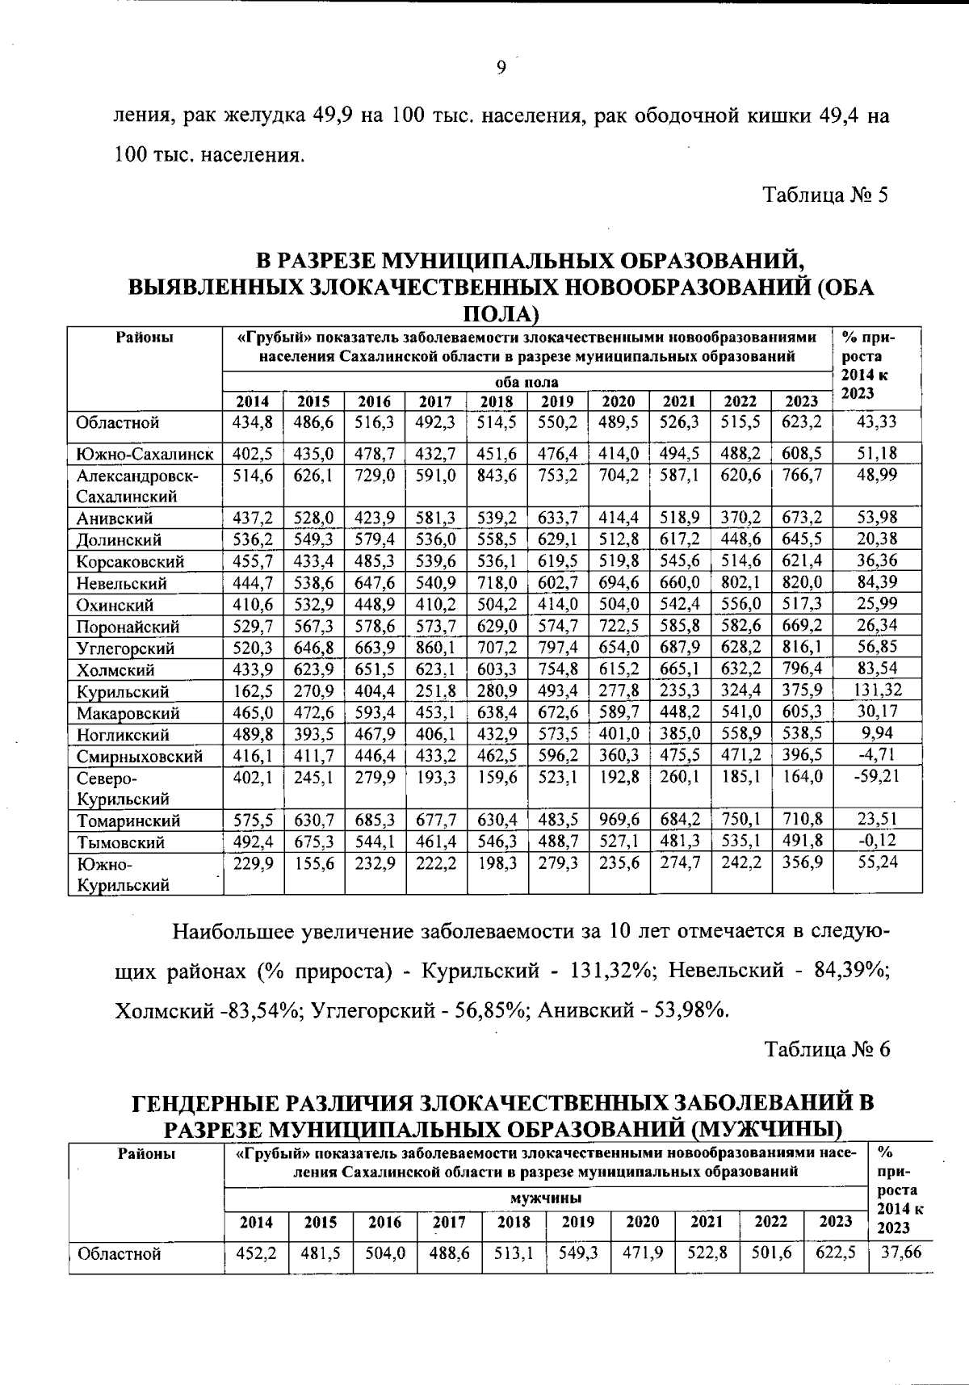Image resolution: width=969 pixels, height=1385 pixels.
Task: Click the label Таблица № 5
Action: [x=826, y=195]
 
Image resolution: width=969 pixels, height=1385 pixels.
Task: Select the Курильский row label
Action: [x=123, y=691]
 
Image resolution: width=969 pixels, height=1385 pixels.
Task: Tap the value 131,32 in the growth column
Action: [x=878, y=690]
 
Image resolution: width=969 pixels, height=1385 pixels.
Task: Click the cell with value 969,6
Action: [x=619, y=820]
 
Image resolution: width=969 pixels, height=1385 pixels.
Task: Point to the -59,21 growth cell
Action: [x=878, y=777]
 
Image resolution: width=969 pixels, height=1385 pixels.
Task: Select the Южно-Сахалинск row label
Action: [x=145, y=453]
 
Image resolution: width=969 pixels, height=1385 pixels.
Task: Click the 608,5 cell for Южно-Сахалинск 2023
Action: [x=802, y=453]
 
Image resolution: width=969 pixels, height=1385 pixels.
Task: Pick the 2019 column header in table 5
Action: [x=558, y=401]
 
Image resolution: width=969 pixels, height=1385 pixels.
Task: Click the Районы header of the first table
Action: [x=145, y=338]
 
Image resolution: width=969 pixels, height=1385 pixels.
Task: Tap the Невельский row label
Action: [x=122, y=583]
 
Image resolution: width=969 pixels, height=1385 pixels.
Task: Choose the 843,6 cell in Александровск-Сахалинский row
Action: [x=497, y=476]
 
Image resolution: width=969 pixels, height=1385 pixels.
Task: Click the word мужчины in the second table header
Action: [x=546, y=1198]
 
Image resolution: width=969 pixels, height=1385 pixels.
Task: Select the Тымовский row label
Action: [x=120, y=842]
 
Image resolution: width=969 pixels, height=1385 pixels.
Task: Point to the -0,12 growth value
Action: [x=878, y=841]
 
